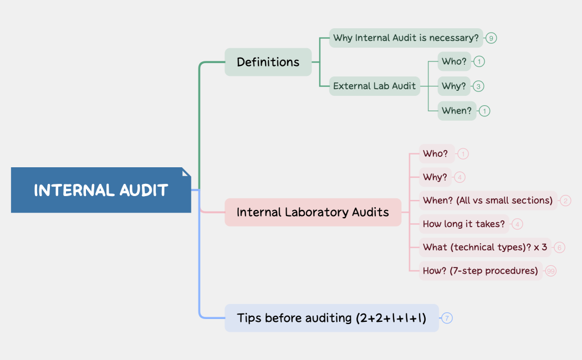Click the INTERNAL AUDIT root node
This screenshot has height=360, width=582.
coord(101,190)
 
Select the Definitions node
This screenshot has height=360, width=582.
coord(268,62)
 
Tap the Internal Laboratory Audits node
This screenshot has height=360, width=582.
coord(313,212)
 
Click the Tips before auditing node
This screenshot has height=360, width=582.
coord(331,318)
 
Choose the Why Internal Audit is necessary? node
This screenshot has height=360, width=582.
coord(406,38)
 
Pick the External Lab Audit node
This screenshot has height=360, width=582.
coord(374,86)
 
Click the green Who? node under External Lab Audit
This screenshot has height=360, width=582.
coord(454,61)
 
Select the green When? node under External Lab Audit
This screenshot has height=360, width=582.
coord(457,110)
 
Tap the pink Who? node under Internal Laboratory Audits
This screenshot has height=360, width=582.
coord(436,153)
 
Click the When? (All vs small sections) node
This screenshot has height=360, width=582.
coord(488,200)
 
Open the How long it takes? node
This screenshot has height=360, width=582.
coord(464,224)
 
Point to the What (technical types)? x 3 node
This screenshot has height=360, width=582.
coord(484,247)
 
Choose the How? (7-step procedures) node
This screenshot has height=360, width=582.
coord(480,271)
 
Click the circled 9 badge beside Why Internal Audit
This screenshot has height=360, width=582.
coord(491,38)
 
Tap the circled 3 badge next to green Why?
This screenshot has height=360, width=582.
coord(479,86)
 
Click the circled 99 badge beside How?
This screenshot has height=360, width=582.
coord(550,271)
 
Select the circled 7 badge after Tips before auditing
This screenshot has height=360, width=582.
coord(447,318)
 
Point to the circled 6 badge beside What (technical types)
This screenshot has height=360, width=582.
coord(559,248)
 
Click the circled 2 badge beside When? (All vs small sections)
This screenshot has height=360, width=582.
coord(565,200)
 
